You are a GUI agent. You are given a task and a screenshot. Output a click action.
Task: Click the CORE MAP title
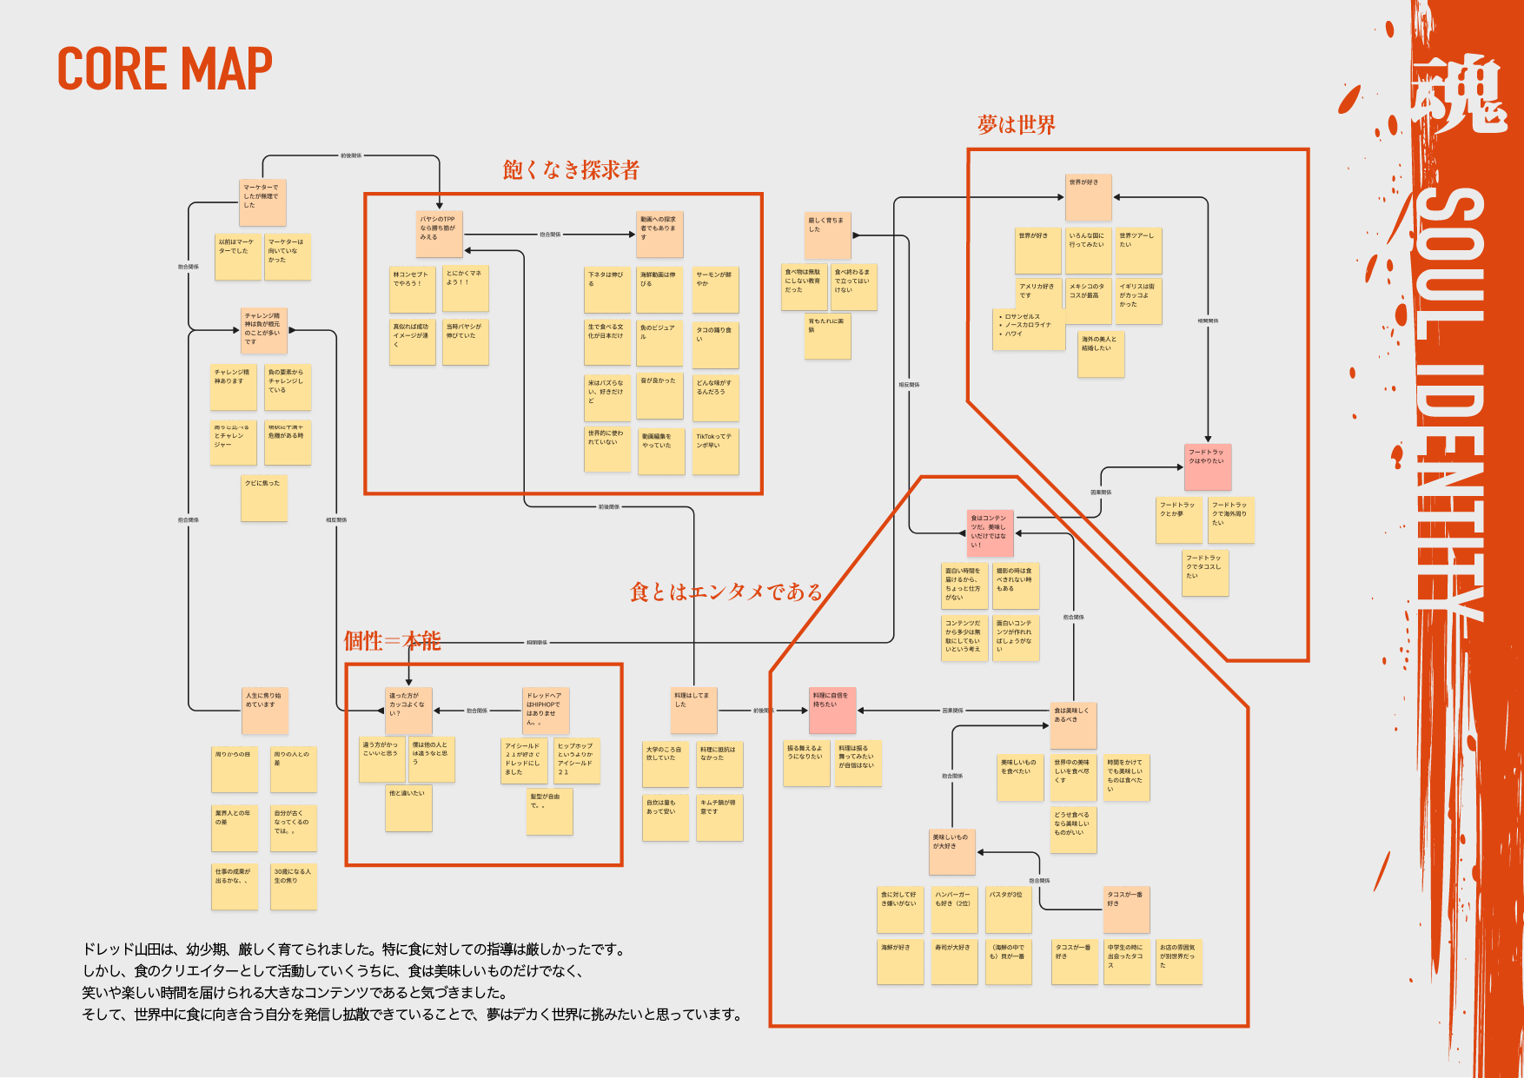click(164, 69)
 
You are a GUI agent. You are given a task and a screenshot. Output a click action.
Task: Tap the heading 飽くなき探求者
click(571, 170)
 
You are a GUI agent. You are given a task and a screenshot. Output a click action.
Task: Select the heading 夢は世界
click(1016, 126)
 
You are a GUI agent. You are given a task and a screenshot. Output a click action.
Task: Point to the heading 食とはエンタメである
click(726, 592)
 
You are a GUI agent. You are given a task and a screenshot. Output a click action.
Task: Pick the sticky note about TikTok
click(715, 451)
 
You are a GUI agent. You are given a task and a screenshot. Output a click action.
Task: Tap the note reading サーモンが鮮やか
click(715, 289)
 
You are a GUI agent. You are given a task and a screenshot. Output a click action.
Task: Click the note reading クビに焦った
click(264, 498)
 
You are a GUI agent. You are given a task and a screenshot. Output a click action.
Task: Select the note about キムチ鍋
click(719, 817)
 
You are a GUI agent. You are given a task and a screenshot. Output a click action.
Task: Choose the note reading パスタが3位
click(1008, 909)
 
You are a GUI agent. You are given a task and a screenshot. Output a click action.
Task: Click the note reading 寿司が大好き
click(954, 961)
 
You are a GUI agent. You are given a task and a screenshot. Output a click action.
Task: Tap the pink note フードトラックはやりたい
click(1208, 466)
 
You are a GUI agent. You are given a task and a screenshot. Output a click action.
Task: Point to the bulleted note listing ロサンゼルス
click(1029, 329)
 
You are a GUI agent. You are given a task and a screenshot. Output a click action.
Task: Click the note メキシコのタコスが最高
click(1088, 301)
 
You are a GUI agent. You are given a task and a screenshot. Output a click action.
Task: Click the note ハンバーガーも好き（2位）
click(954, 909)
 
